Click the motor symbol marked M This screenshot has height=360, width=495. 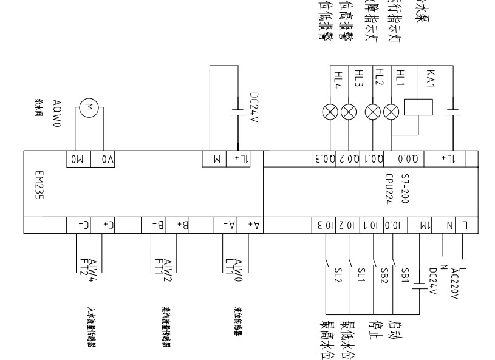(89, 108)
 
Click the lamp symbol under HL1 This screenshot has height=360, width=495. (394, 111)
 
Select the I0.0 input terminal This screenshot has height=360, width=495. (395, 225)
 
